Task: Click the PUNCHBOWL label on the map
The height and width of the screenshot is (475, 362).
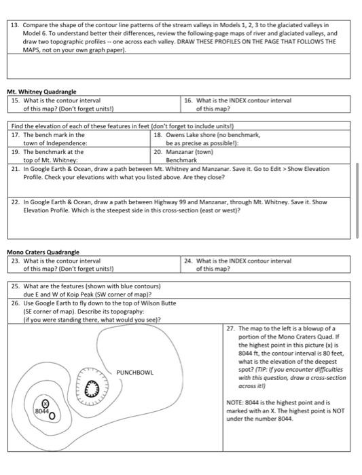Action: coord(135,373)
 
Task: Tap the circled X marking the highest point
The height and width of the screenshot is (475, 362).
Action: coord(46,402)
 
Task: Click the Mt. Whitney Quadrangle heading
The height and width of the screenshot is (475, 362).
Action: coord(41,91)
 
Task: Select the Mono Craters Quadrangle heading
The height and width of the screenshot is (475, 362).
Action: coord(43,252)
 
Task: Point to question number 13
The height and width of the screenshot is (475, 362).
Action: coord(15,24)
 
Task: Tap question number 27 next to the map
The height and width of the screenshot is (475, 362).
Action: coord(231,328)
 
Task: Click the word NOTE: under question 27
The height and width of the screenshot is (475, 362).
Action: coord(236,402)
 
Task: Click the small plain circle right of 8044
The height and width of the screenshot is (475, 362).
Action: coord(53,414)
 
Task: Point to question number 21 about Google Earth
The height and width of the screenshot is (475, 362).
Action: coord(16,168)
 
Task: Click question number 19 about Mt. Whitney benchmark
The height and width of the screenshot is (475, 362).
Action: coord(16,152)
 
